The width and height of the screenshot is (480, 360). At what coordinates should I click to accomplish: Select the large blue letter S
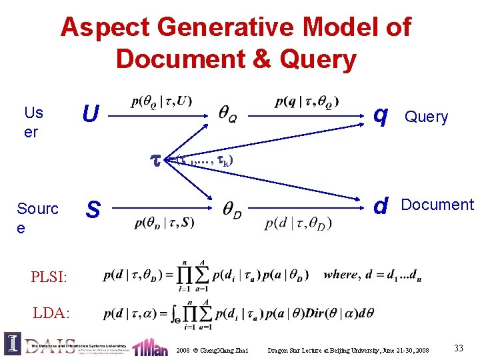[x=93, y=210]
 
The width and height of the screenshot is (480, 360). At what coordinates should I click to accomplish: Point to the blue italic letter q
[x=381, y=115]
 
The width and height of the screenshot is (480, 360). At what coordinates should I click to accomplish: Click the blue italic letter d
[x=381, y=206]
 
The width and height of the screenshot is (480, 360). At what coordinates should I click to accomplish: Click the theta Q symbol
[x=227, y=117]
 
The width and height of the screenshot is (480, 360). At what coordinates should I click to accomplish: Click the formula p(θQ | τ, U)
[x=162, y=101]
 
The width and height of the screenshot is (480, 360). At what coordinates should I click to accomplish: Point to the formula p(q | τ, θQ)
[x=307, y=101]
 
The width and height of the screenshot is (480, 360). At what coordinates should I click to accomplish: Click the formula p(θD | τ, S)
[x=164, y=223]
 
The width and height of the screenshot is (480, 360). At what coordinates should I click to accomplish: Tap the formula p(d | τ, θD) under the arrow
[x=298, y=223]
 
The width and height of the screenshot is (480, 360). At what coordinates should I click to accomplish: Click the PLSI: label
[x=49, y=275]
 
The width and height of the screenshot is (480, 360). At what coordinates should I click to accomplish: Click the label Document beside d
[x=437, y=205]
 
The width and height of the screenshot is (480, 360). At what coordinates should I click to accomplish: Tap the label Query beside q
[x=427, y=117]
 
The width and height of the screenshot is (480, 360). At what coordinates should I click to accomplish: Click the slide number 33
[x=458, y=347]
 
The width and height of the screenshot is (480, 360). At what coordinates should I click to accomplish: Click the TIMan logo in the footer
[x=150, y=347]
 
